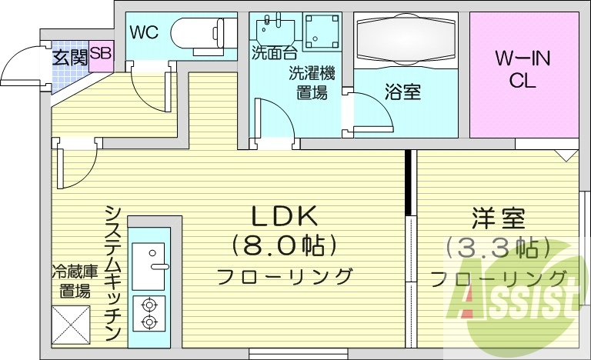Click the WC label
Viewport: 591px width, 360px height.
(x=143, y=32)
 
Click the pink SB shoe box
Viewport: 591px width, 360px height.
(x=100, y=54)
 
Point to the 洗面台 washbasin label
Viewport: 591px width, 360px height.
(x=273, y=53)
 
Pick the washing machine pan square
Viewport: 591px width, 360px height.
(x=322, y=32)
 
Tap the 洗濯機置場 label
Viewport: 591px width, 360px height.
(x=312, y=83)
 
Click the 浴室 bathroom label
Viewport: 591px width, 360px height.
(x=402, y=92)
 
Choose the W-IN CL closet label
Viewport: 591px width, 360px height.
(x=522, y=69)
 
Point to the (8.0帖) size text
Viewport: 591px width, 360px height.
(x=284, y=246)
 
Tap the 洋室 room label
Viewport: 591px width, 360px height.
(x=498, y=219)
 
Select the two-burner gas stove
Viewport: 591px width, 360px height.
(x=149, y=313)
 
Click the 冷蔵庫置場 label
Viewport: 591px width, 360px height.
(x=74, y=281)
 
